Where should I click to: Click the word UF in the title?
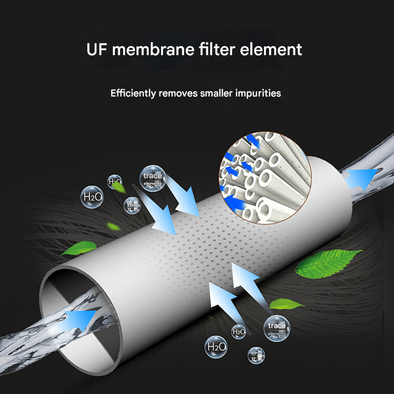pyautogui.click(x=97, y=50)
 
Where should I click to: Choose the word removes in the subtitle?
pyautogui.click(x=179, y=93)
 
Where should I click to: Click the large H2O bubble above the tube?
pyautogui.click(x=93, y=197)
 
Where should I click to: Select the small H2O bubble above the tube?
pyautogui.click(x=115, y=182)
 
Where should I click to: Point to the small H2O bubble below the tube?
pyautogui.click(x=238, y=332)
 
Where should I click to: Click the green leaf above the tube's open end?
pyautogui.click(x=79, y=248)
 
